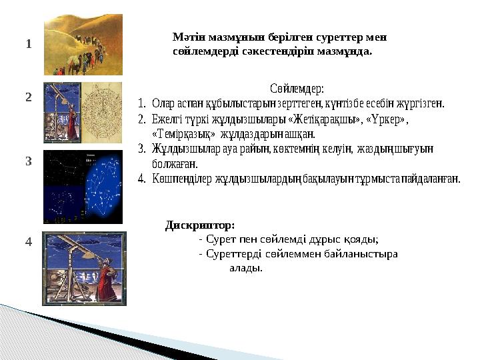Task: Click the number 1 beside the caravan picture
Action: pyautogui.click(x=29, y=45)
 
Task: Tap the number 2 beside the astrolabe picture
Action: pyautogui.click(x=29, y=97)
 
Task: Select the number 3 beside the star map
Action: pyautogui.click(x=29, y=161)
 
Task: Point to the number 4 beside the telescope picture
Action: pyautogui.click(x=29, y=242)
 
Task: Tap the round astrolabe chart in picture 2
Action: pyautogui.click(x=103, y=103)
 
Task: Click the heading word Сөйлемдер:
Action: pyautogui.click(x=297, y=88)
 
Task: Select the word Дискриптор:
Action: pyautogui.click(x=199, y=225)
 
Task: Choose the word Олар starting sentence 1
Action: pyautogui.click(x=163, y=103)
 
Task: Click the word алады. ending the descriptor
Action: pyautogui.click(x=245, y=268)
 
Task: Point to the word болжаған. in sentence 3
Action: pyautogui.click(x=175, y=163)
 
